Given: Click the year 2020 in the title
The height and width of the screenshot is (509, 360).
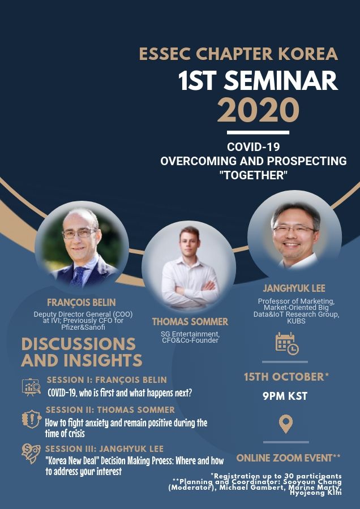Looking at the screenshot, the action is pos(258,110).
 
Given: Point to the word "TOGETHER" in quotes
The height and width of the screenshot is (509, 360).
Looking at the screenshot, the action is pos(254,175).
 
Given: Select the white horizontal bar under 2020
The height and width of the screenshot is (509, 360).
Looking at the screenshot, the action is pos(258,132).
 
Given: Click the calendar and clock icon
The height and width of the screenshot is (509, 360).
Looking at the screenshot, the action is pos(287,343).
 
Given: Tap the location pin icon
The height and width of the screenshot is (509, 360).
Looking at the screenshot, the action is pos(286,424).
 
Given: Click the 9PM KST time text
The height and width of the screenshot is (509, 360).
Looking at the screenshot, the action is pos(285,396).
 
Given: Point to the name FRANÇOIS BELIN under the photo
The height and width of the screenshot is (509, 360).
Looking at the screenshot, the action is pos(82,303).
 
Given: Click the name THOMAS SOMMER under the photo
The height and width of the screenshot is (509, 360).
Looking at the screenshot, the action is pos(190,322).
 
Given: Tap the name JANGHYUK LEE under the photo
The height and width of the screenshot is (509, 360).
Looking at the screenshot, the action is pos(294,288).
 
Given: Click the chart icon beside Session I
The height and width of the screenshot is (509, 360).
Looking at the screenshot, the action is pos(32,387).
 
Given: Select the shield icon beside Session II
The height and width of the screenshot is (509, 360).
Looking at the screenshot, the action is pos(32,419).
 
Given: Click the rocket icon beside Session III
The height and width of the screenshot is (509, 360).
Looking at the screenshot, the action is pos(31,454).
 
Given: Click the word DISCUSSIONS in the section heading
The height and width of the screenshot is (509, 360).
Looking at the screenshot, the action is pos(78,344).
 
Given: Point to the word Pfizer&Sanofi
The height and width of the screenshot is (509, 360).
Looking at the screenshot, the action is pos(83,327).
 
